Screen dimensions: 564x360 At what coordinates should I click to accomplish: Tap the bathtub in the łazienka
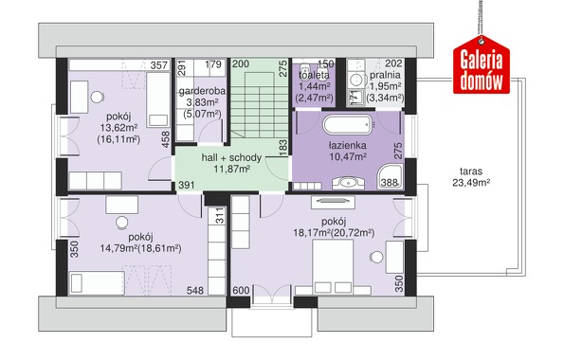(x=348, y=124)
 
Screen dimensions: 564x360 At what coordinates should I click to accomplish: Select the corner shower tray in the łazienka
(x=390, y=176)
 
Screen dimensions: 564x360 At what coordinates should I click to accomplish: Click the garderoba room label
(x=202, y=91)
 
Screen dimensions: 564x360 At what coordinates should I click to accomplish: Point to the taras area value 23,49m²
(x=471, y=183)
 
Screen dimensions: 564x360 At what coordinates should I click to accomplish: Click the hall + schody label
(x=231, y=157)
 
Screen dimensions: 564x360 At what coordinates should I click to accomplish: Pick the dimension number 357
(x=159, y=65)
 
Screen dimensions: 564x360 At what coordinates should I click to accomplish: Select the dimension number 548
(x=195, y=290)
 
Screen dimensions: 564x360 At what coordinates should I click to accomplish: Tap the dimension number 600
(x=241, y=290)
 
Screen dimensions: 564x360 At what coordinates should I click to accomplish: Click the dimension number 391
(x=187, y=185)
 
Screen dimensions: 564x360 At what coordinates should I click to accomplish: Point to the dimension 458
(x=166, y=139)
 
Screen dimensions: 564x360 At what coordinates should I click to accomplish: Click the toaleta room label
(x=314, y=75)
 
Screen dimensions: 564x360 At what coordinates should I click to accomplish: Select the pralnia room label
(x=385, y=75)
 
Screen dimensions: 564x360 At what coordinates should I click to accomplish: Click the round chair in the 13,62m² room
(x=97, y=97)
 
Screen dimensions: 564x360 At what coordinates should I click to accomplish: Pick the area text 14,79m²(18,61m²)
(x=140, y=248)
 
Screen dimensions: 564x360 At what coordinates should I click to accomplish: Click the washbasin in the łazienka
(x=348, y=183)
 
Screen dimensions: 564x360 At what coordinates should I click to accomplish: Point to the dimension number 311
(x=220, y=216)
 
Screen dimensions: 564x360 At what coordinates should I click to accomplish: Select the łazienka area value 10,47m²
(x=348, y=157)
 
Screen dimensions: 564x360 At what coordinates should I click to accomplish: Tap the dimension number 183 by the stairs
(x=283, y=148)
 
